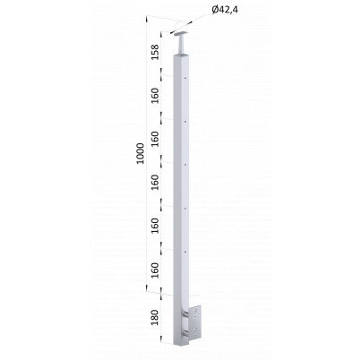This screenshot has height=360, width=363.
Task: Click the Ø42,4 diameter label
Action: [x=225, y=10]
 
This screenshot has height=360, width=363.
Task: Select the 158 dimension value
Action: [x=155, y=52]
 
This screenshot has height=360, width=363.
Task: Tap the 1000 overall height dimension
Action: [x=140, y=154]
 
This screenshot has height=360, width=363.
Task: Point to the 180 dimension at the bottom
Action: [x=154, y=318]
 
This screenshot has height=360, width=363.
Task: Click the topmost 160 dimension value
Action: [x=155, y=96]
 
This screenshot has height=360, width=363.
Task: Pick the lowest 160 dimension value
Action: [x=155, y=270]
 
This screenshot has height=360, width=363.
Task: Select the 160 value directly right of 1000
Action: [x=155, y=139]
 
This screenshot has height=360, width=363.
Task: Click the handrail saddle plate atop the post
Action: [x=182, y=33]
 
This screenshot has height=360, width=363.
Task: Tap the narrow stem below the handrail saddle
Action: [x=182, y=44]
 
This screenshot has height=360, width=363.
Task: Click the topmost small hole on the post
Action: [x=186, y=79]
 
